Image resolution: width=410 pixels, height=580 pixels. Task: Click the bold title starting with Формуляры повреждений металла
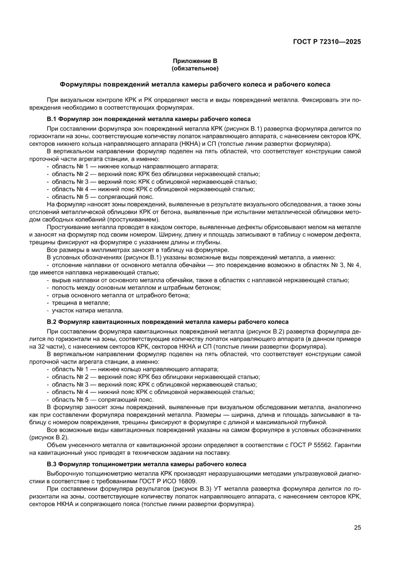(x=195, y=84)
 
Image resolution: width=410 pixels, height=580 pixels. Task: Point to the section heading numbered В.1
(x=149, y=119)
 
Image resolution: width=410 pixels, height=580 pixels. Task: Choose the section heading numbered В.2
(x=168, y=322)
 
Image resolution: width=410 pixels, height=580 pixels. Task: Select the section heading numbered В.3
(x=146, y=464)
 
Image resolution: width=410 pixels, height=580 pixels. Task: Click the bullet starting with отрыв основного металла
(x=121, y=295)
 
